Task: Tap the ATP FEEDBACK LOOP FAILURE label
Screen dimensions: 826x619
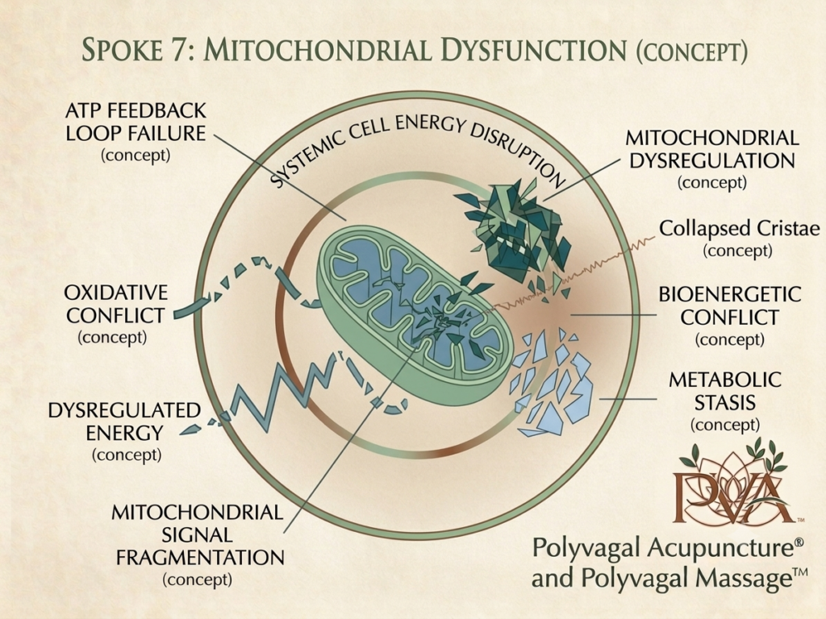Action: pos(136,133)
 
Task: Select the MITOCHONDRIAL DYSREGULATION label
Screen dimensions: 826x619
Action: pos(712,160)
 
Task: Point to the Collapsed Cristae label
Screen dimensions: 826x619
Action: pos(739,239)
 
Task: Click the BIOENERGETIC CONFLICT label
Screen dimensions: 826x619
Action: pos(729,316)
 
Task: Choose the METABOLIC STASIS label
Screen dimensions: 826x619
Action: pos(725,401)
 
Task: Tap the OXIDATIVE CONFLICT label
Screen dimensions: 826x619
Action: pos(116,314)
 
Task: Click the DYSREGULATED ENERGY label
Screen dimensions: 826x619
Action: pos(125,432)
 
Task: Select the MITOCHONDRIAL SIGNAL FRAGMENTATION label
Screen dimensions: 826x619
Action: pos(198,546)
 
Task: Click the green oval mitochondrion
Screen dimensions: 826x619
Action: pos(415,315)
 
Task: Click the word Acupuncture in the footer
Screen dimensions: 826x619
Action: pos(719,548)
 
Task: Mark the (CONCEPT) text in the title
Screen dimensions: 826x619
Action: pos(691,52)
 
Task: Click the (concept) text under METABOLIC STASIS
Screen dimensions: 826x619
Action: pos(725,425)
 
